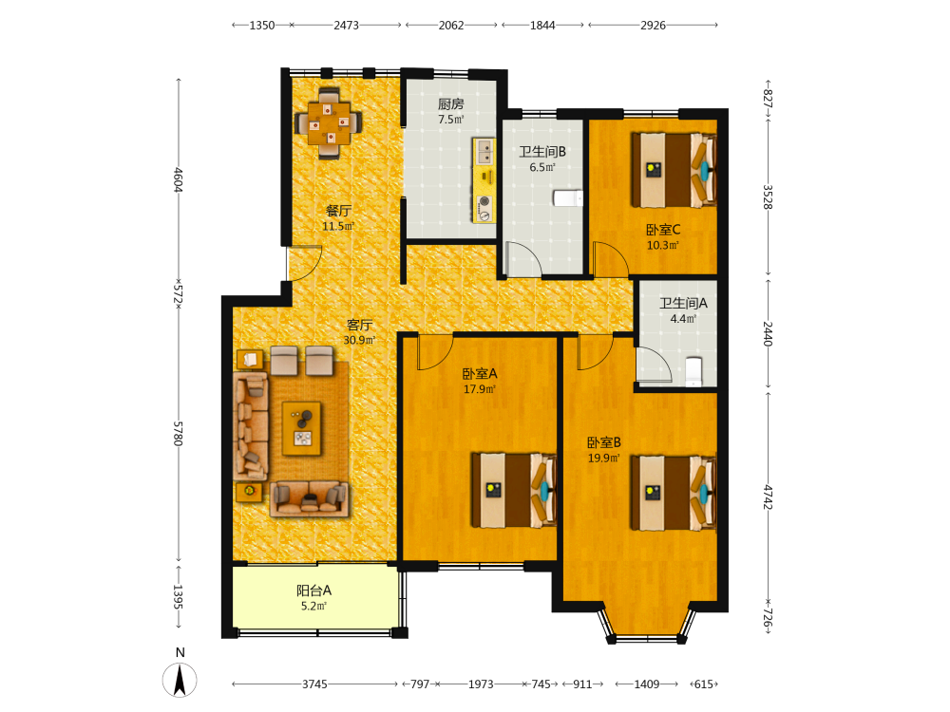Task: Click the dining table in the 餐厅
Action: point(329,123)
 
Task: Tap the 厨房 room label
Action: point(450,104)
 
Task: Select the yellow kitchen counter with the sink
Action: point(484,180)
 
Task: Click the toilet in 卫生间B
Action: point(568,198)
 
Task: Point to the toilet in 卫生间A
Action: point(693,372)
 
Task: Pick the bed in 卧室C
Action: point(674,170)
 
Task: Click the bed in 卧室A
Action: point(514,489)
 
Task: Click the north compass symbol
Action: point(180,680)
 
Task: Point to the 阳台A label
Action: point(313,590)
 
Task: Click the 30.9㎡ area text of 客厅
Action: point(359,340)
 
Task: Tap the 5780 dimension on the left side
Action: point(179,434)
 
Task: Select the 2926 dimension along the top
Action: point(654,26)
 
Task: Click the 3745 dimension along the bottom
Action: point(315,684)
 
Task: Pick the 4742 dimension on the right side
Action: point(768,497)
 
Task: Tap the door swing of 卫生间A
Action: point(655,364)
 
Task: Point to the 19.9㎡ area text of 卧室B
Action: point(604,459)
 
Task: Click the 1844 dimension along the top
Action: point(542,26)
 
